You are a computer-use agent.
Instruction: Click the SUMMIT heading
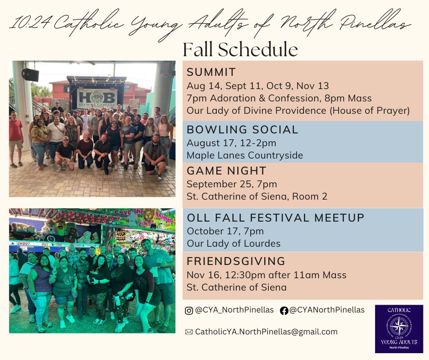click(211, 72)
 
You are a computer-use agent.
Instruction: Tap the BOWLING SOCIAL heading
click(242, 130)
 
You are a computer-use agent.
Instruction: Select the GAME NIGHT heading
click(226, 171)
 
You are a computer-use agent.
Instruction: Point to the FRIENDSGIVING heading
click(236, 261)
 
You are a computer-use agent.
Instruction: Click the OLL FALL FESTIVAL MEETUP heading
click(276, 218)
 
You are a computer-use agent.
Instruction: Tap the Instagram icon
click(189, 311)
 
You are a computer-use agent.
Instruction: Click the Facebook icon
click(284, 311)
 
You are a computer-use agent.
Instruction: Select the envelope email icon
click(189, 332)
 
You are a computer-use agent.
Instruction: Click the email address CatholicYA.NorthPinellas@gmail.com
click(266, 332)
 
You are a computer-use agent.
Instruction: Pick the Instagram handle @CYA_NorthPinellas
click(234, 310)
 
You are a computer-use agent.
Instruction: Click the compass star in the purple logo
click(399, 326)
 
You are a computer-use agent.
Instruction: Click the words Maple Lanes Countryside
click(245, 155)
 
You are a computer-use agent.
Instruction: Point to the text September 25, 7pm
click(232, 184)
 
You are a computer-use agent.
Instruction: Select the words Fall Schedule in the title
click(240, 50)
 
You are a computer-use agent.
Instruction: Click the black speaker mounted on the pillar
click(30, 74)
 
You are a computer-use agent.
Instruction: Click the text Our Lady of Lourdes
click(234, 244)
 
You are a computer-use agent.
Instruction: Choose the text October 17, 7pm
click(225, 231)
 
